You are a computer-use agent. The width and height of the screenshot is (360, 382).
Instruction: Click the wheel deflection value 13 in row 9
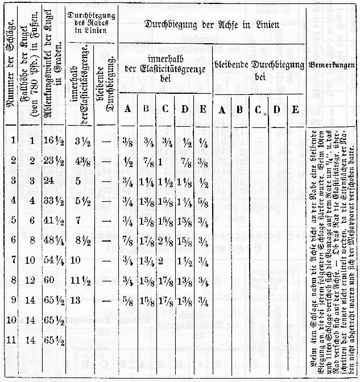click(x=76, y=300)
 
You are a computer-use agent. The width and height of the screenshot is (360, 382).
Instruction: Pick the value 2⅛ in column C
click(x=165, y=240)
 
